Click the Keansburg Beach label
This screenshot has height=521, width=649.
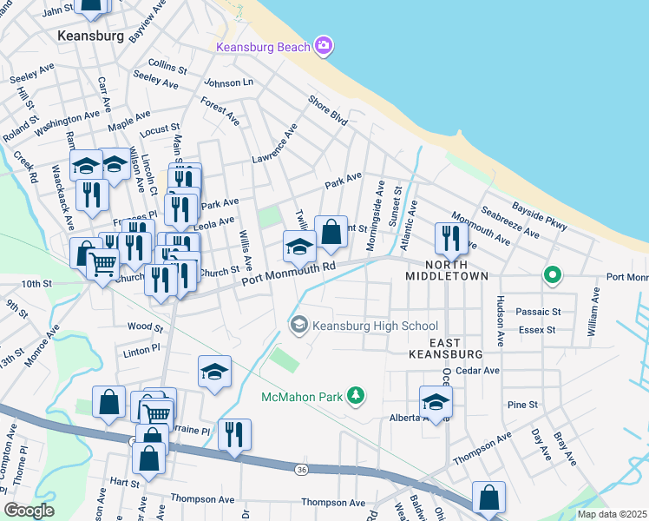tap(263, 46)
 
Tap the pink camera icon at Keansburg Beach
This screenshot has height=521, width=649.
tap(324, 46)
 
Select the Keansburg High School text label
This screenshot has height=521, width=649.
tap(375, 326)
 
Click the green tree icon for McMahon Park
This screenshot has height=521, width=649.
tap(354, 397)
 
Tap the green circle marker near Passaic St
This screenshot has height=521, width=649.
tap(551, 276)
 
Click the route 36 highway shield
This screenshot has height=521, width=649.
tap(301, 469)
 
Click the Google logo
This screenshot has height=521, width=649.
tap(28, 510)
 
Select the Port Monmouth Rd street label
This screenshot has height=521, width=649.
tap(288, 273)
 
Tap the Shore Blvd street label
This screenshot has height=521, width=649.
tap(327, 111)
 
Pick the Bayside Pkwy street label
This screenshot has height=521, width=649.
tap(539, 215)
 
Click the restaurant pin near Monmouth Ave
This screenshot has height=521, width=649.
tap(451, 237)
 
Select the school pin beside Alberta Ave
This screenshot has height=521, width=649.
tap(436, 400)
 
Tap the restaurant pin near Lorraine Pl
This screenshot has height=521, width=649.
tap(234, 433)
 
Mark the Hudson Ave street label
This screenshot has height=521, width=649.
tap(501, 317)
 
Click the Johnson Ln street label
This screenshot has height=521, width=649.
tap(228, 82)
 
